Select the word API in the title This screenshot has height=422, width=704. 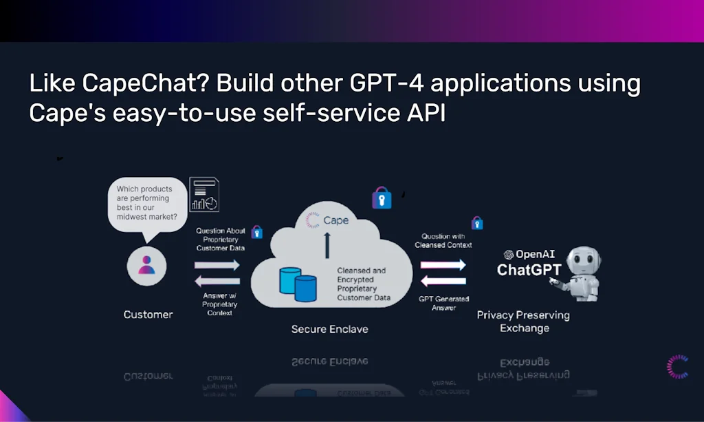tap(426, 112)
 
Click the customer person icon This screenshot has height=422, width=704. tap(146, 265)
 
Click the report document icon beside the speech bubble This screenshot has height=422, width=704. tap(204, 194)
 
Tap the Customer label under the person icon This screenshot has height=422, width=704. tap(148, 315)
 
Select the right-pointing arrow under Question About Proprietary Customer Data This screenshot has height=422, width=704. tap(217, 264)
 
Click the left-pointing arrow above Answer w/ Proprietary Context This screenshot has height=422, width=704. tap(217, 281)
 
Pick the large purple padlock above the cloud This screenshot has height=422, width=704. tap(382, 198)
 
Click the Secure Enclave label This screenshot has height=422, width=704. tap(329, 329)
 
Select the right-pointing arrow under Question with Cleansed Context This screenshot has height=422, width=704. tap(443, 264)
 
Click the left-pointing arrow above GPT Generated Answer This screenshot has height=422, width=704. tap(443, 281)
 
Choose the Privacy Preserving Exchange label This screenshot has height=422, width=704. tap(524, 321)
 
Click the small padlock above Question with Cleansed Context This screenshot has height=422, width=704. tap(476, 223)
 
